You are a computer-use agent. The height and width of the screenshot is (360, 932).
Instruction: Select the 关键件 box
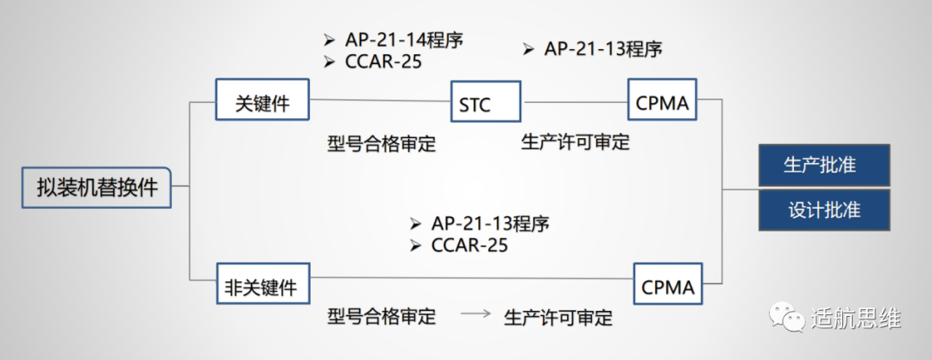tap(261, 104)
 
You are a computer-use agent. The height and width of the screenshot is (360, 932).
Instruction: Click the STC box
tap(486, 104)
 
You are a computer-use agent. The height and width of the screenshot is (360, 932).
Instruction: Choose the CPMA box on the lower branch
tap(667, 286)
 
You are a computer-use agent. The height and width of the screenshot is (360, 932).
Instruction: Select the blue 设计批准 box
tap(823, 210)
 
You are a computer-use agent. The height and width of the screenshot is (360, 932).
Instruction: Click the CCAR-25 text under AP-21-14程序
tap(383, 62)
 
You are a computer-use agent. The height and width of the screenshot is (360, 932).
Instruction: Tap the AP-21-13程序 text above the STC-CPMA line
tap(603, 48)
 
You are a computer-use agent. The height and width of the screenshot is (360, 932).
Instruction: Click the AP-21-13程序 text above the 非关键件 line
tap(490, 223)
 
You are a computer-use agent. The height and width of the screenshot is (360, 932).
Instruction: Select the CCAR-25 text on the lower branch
tap(469, 245)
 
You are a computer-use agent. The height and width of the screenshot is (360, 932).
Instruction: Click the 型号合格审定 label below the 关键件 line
tap(381, 143)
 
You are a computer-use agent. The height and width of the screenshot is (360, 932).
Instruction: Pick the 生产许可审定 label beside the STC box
tap(575, 142)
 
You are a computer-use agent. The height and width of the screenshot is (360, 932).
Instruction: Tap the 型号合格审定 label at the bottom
tap(381, 316)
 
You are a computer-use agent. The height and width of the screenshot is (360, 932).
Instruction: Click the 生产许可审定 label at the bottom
tap(557, 317)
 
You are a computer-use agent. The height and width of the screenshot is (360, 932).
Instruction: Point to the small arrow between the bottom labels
tap(475, 315)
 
